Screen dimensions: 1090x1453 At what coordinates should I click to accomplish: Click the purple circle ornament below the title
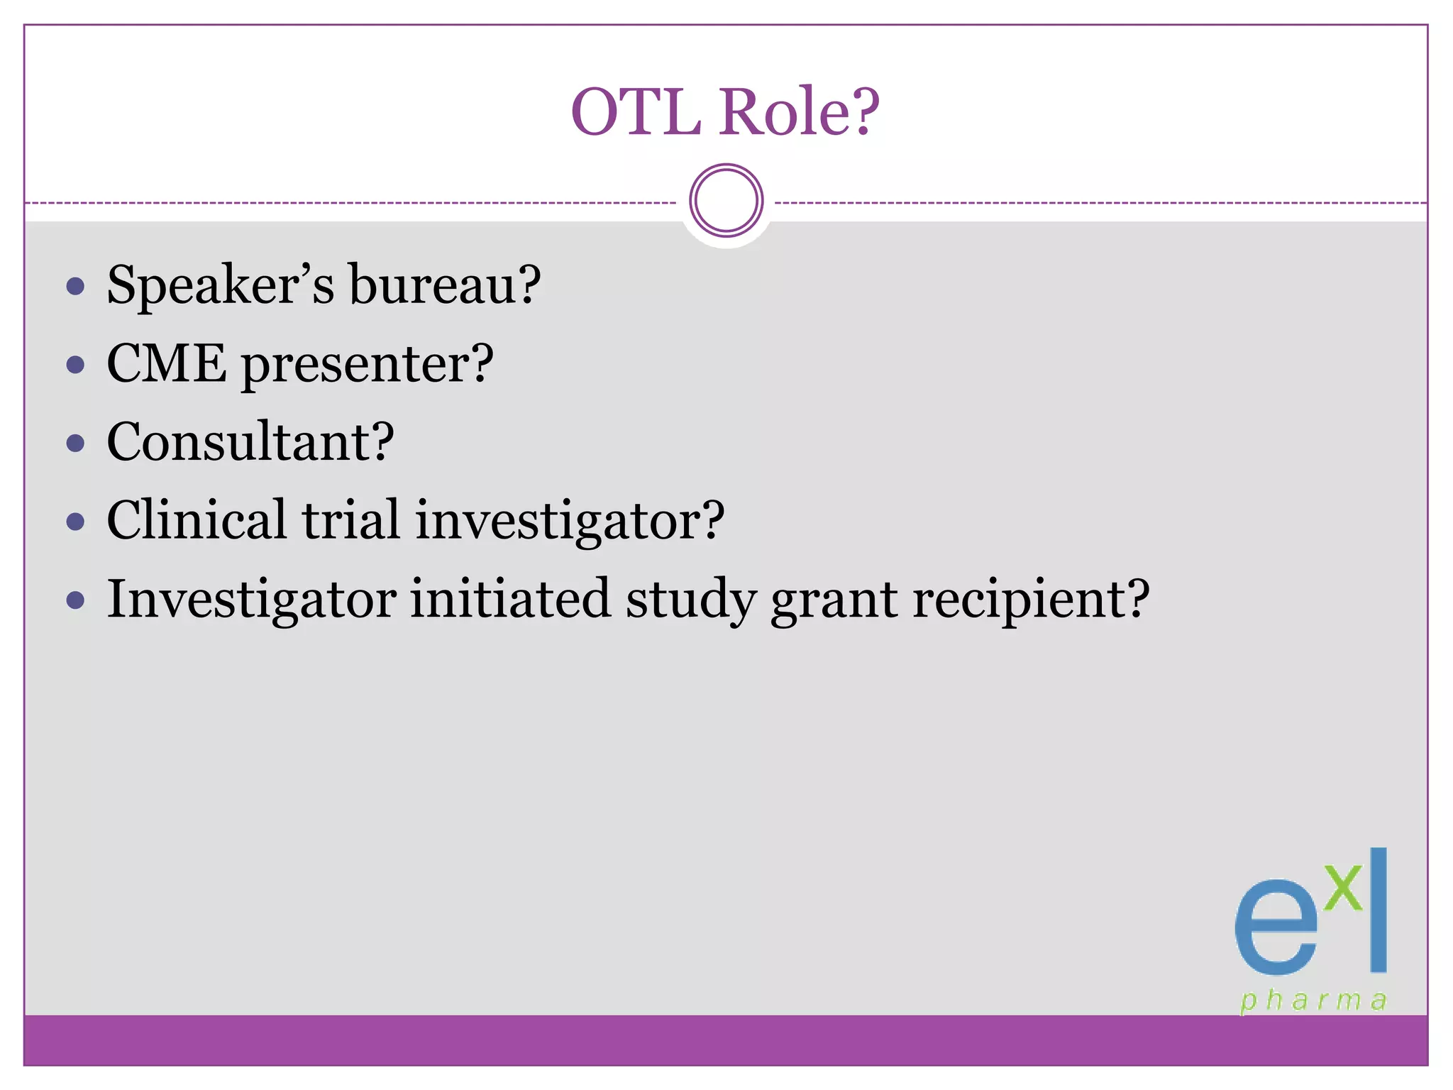pos(726,201)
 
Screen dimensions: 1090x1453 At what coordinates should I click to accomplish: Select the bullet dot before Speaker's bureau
pos(75,287)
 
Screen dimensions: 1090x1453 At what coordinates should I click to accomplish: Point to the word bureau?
pos(445,285)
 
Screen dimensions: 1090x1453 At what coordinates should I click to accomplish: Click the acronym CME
pos(167,363)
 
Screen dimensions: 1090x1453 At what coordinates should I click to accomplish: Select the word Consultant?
pos(250,442)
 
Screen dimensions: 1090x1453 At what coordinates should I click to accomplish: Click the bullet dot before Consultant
pos(75,444)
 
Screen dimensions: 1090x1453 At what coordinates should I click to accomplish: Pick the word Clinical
pos(197,520)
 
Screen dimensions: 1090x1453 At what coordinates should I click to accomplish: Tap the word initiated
pos(510,599)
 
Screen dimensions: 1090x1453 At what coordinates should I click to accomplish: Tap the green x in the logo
pos(1343,887)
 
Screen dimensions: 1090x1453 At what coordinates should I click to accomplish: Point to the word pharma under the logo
pos(1313,1001)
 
